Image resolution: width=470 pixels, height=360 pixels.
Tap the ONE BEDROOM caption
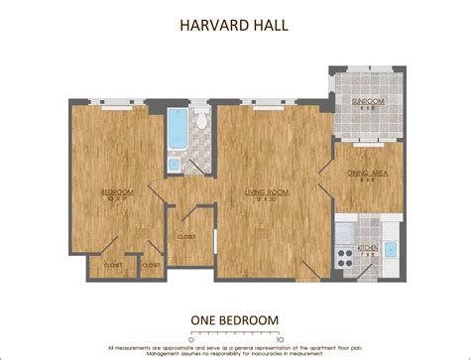click(234, 319)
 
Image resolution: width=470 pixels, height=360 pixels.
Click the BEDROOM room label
click(117, 191)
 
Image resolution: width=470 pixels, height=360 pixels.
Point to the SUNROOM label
click(368, 102)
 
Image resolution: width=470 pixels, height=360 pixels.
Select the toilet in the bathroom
click(201, 121)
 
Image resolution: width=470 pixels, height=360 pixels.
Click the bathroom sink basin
click(176, 165)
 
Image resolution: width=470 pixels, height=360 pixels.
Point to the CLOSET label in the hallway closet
click(185, 237)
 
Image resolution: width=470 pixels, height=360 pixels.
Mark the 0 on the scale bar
click(192, 339)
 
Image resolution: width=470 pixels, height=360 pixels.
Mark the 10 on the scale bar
click(281, 339)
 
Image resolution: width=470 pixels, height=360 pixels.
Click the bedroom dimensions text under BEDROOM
click(117, 199)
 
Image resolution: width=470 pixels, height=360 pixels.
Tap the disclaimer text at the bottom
click(234, 349)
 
